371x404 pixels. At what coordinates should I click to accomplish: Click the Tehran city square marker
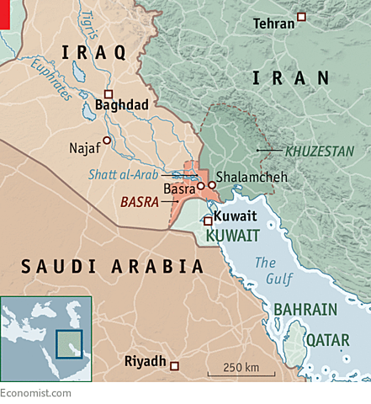[302, 18]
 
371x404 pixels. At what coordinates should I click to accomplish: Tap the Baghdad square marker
[108, 93]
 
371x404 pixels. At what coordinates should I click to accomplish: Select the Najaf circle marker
[107, 140]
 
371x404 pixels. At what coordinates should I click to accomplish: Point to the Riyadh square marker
[175, 365]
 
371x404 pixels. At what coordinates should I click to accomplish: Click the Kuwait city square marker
[208, 221]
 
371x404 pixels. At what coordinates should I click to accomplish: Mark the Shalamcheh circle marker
[212, 185]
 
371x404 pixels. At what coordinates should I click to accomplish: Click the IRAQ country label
[94, 53]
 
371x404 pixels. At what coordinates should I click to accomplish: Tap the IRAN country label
[289, 78]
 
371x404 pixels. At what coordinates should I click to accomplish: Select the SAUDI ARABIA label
[112, 267]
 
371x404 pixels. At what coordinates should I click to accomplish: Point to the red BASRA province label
[140, 203]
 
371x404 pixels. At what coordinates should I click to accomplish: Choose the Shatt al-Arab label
[125, 175]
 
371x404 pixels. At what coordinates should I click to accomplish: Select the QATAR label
[326, 340]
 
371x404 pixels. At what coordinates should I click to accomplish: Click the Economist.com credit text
[35, 393]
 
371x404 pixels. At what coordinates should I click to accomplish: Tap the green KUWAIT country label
[232, 237]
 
